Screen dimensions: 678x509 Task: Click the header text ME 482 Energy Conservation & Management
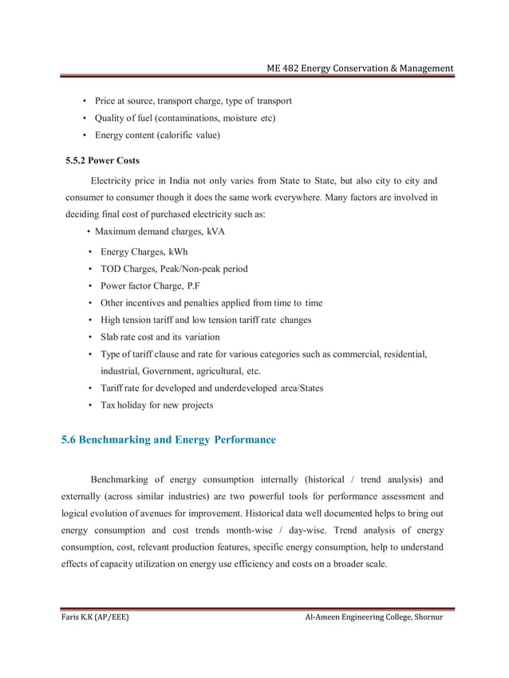[360, 69]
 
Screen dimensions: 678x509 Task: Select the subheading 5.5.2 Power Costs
[102, 160]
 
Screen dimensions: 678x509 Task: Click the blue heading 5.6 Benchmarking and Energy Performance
[168, 440]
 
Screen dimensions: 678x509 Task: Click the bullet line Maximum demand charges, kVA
[160, 231]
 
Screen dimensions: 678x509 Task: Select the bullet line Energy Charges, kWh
[144, 252]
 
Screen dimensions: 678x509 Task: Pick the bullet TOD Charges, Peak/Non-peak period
[173, 269]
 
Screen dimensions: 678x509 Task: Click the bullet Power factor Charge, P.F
[149, 286]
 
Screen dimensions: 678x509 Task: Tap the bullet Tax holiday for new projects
[156, 405]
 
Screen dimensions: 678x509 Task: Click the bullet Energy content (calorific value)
[157, 135]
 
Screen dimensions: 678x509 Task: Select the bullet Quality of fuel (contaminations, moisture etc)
[185, 118]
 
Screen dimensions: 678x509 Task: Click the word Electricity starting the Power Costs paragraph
[115, 180]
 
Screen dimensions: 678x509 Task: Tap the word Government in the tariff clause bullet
[169, 371]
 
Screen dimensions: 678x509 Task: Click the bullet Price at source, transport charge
[192, 101]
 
